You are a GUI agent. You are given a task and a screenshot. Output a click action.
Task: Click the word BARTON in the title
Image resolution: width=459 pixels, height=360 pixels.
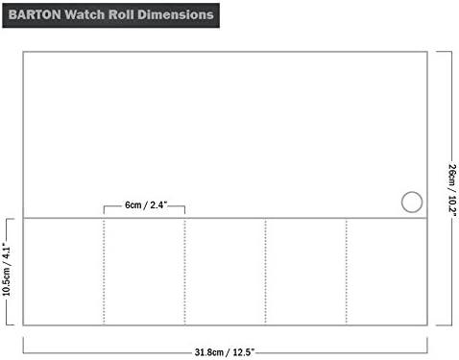pos(35,14)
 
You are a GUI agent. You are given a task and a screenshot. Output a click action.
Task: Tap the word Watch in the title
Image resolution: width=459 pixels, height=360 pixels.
pos(85,14)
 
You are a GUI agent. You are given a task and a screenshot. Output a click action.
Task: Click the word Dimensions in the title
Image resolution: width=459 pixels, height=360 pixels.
pos(176,14)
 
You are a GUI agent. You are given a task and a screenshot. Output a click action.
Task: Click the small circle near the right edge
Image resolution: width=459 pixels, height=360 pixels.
pos(412,192)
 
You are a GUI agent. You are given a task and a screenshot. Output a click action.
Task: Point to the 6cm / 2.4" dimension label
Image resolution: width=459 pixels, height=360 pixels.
pos(146,204)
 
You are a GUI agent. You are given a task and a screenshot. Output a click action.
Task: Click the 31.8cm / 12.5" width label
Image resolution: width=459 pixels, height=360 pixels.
pos(225,352)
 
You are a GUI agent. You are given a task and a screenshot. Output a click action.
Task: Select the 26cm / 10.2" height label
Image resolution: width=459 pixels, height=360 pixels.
pos(452,190)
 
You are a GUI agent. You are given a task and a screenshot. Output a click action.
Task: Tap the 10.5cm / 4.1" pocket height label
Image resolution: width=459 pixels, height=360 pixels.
pos(7,270)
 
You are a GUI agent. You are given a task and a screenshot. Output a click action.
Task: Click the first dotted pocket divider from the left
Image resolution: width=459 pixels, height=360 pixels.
pos(104,272)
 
